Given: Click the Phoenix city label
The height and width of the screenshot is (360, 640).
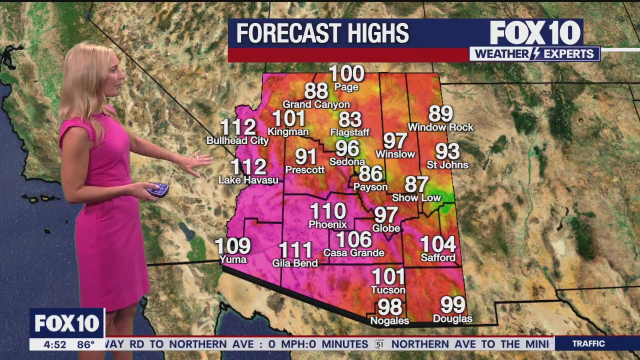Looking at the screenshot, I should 327,224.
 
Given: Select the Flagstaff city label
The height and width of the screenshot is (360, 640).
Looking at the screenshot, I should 350,132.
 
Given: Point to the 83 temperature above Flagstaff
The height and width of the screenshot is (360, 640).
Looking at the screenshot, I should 350,119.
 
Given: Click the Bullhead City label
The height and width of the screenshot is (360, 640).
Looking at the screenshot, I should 237,141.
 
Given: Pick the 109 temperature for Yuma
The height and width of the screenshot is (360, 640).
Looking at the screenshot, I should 233,246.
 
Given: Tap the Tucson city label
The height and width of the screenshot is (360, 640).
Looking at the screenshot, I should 388,290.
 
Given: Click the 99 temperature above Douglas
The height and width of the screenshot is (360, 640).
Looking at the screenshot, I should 452,304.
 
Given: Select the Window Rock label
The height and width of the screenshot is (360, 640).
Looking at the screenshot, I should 440,127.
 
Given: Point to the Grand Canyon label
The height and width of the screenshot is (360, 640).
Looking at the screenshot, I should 316,104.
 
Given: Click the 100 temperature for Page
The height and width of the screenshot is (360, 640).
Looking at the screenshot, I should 346,74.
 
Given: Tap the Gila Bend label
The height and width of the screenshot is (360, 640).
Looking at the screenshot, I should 295,263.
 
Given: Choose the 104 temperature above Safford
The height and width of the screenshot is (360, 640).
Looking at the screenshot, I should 438,244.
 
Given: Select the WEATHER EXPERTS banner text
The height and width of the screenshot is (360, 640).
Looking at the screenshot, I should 534,54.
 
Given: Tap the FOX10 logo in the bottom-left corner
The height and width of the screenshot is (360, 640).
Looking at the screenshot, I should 67,323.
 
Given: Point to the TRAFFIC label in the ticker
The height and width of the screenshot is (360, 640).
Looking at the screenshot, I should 588,344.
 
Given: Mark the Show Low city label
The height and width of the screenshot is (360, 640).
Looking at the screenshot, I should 416,198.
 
